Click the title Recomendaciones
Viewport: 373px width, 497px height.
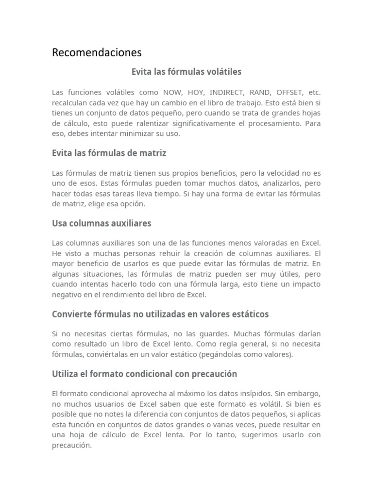pos(97,52)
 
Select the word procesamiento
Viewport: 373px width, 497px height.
pos(268,123)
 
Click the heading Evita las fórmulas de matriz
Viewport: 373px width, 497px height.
pos(109,153)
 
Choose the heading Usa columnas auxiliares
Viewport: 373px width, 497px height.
pos(102,223)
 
